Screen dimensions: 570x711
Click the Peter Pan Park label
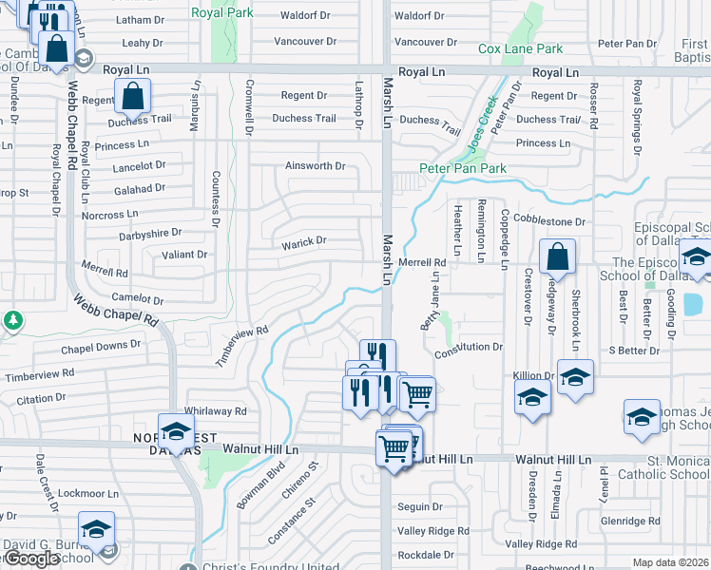click(x=462, y=168)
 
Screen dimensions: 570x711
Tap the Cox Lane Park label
click(x=520, y=48)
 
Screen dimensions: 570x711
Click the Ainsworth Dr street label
click(x=315, y=165)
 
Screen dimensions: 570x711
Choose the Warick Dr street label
click(x=303, y=241)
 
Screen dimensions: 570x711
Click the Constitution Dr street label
click(x=468, y=348)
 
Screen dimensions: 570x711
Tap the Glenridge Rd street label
click(x=630, y=521)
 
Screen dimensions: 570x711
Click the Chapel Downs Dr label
click(x=101, y=346)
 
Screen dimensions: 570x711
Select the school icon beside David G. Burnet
click(x=96, y=529)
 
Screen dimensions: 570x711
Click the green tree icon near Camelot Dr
click(x=13, y=320)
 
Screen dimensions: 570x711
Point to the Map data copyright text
click(x=671, y=562)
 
